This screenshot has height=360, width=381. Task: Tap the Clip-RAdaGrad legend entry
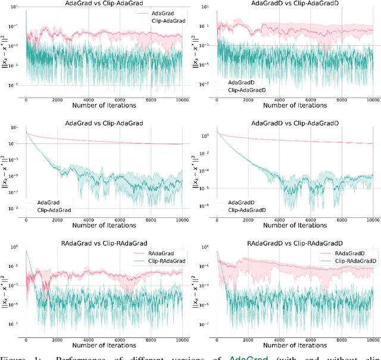click(162, 261)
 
